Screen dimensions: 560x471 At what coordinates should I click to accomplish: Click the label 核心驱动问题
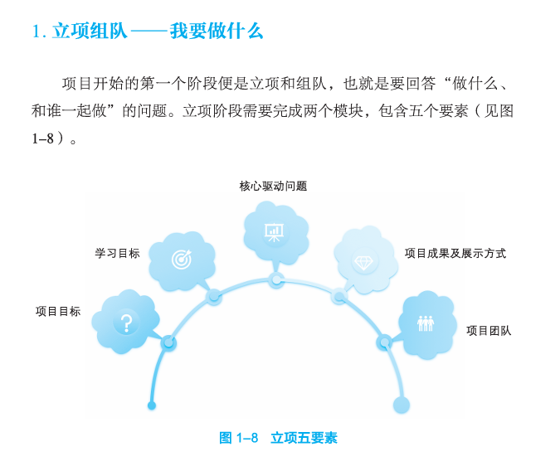pyautogui.click(x=273, y=187)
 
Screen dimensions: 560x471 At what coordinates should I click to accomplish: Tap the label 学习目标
pyautogui.click(x=117, y=253)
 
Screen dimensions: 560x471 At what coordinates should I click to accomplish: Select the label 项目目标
pyautogui.click(x=58, y=312)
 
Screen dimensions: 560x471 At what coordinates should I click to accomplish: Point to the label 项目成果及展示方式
pyautogui.click(x=455, y=253)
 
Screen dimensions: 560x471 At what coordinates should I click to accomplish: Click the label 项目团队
pyautogui.click(x=489, y=331)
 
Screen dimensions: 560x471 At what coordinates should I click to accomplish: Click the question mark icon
pyautogui.click(x=125, y=323)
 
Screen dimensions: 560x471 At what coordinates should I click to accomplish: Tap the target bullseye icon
pyautogui.click(x=181, y=259)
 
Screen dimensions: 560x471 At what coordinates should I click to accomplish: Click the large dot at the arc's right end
pyautogui.click(x=402, y=405)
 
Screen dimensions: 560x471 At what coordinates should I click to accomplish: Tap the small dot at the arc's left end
pyautogui.click(x=151, y=405)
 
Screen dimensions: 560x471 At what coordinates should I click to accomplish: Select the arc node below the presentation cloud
pyautogui.click(x=276, y=279)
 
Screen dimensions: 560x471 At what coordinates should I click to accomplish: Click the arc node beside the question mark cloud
pyautogui.click(x=169, y=342)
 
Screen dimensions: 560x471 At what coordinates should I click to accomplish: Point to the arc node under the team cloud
pyautogui.click(x=384, y=342)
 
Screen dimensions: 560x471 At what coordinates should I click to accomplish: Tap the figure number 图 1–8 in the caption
pyautogui.click(x=239, y=438)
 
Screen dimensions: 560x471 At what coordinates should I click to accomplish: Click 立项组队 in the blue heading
pyautogui.click(x=90, y=32)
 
